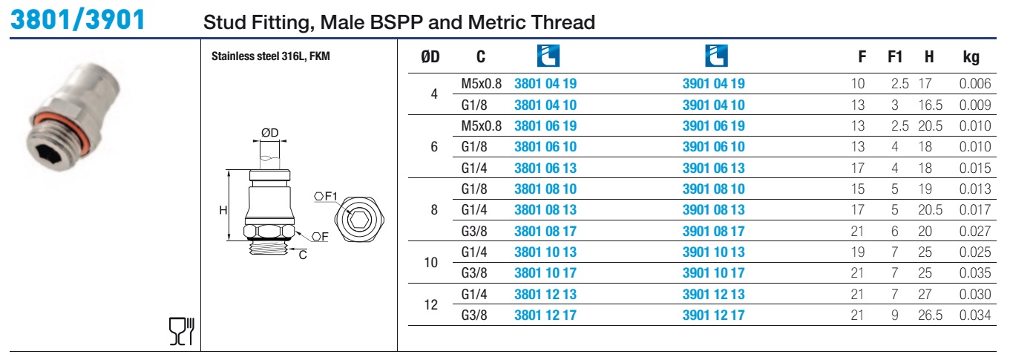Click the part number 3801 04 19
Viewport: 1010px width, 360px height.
(545, 83)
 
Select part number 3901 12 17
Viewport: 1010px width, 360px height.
(713, 315)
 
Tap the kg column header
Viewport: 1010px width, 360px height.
(971, 57)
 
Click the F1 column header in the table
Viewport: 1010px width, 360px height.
(895, 57)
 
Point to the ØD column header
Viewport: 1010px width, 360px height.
(430, 57)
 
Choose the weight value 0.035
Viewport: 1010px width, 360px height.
(975, 273)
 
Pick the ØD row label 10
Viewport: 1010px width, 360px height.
(431, 262)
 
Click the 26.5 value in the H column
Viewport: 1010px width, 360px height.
(930, 315)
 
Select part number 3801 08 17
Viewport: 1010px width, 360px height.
(545, 231)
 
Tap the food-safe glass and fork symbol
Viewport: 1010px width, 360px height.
(182, 332)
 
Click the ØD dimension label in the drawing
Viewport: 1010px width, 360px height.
(269, 133)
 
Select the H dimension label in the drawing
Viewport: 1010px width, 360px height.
(223, 210)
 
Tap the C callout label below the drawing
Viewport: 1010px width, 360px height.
(303, 255)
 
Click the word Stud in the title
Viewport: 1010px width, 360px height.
(225, 22)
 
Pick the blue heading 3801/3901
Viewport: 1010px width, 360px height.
(78, 19)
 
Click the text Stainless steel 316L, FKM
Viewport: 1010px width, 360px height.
(271, 56)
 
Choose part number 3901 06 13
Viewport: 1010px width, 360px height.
(713, 168)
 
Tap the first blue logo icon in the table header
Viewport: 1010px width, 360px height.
(548, 56)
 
